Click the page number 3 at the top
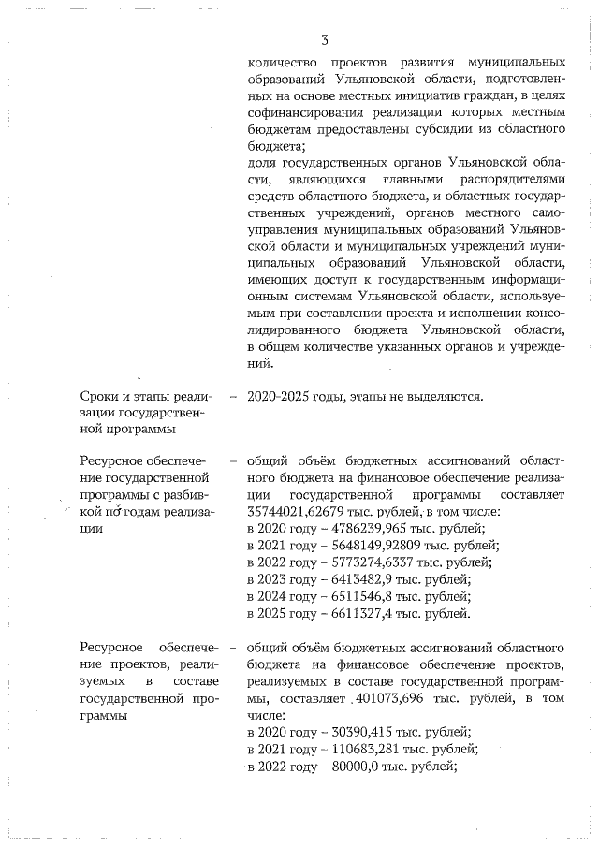click(324, 40)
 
